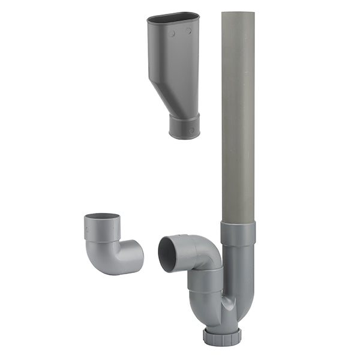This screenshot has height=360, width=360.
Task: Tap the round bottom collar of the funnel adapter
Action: coord(184,127)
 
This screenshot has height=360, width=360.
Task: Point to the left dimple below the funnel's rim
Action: coord(172,34)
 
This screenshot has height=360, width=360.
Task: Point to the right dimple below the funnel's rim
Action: coord(188,31)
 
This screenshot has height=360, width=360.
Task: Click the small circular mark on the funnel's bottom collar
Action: coord(191,129)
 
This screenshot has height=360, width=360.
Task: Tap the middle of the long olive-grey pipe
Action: coord(238,120)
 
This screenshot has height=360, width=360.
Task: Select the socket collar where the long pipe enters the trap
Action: coord(238,233)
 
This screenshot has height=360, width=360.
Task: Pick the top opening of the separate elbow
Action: coord(101,217)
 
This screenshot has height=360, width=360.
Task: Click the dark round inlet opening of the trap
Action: coord(167,254)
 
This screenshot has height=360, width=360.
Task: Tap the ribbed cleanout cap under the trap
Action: coord(222,335)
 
